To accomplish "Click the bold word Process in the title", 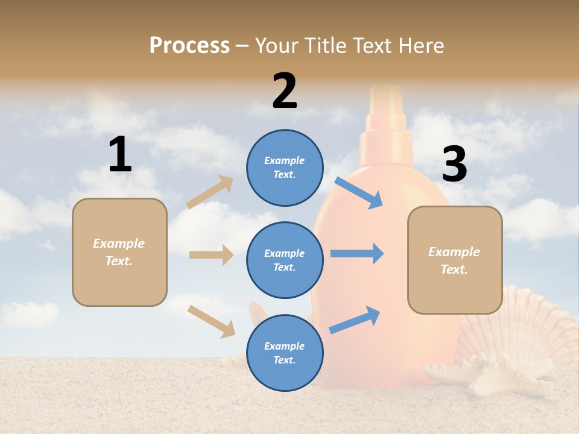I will point(189,45).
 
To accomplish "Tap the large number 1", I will point(120,154).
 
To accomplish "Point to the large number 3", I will point(454,165).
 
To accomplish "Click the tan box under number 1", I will point(119,252).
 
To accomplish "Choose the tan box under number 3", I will point(455,260).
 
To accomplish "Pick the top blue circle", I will point(285,168).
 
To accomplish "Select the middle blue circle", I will point(285,260).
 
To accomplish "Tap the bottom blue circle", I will point(285,353).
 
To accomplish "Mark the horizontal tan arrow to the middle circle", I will point(211,255).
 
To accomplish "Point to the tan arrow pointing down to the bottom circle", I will point(211,321).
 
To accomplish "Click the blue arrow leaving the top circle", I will point(359,192).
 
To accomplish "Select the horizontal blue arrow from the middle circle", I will point(357,253).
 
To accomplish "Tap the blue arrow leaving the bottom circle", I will point(355,319).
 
